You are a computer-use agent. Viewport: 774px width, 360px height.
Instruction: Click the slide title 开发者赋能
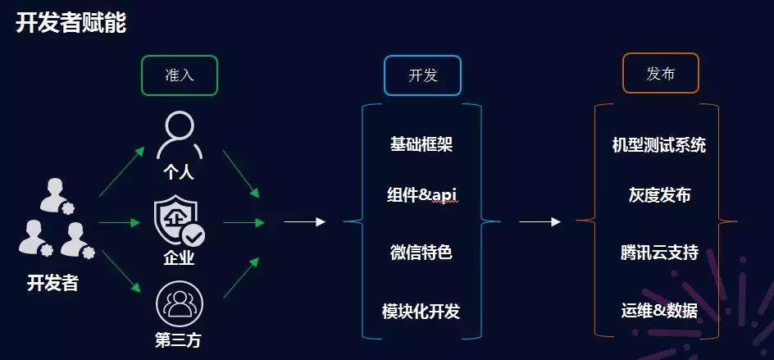[x=71, y=22]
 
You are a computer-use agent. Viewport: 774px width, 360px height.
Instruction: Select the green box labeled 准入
[x=180, y=75]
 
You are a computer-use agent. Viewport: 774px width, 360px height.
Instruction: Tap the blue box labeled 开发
[x=422, y=75]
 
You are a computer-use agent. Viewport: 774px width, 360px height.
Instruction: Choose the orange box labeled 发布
[x=660, y=74]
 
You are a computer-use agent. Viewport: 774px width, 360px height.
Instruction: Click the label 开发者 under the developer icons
[x=52, y=284]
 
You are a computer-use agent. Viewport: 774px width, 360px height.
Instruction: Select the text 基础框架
[x=421, y=145]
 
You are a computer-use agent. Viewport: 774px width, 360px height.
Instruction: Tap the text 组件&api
[x=421, y=195]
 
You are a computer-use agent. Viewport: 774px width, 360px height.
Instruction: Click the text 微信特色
[x=421, y=253]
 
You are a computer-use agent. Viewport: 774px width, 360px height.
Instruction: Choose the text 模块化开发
[x=421, y=312]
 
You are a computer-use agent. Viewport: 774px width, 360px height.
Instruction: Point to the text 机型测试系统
[x=659, y=145]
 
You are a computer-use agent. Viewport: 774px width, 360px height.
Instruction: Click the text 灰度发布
[x=659, y=195]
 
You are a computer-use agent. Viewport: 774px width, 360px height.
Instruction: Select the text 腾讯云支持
[x=659, y=253]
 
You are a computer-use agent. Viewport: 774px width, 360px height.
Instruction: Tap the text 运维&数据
[x=659, y=312]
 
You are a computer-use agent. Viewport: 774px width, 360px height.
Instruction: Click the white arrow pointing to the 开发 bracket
[x=304, y=221]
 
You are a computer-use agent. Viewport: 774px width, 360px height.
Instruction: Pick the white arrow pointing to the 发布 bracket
[x=540, y=221]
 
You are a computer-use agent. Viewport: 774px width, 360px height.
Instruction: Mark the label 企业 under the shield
[x=179, y=259]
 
